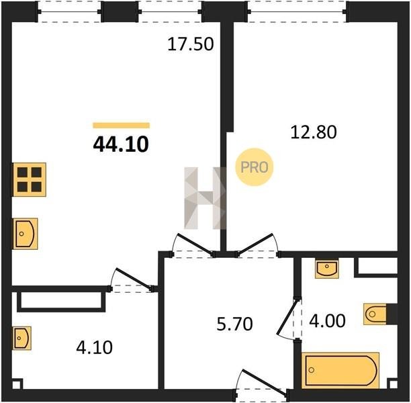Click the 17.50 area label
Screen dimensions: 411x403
tap(191, 44)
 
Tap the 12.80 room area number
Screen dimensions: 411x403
tap(314, 132)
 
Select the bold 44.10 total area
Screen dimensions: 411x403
tap(121, 144)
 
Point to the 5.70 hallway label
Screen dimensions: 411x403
tap(234, 324)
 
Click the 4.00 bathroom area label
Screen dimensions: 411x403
tap(327, 320)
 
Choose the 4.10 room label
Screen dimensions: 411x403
tap(95, 347)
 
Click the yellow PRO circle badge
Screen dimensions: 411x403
tap(255, 167)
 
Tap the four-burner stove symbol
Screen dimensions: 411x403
tap(29, 179)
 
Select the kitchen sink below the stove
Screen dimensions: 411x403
tap(25, 234)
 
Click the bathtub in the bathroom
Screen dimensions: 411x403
tap(340, 370)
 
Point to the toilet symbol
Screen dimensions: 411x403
tap(375, 314)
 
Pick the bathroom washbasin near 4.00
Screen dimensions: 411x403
tap(326, 269)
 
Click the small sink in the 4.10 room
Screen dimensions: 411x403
tap(22, 338)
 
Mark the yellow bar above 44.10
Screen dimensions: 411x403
tap(121, 126)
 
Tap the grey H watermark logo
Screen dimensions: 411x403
tap(205, 198)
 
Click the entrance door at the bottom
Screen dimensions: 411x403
tap(264, 382)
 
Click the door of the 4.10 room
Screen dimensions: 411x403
tap(134, 279)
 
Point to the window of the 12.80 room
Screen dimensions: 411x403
tap(298, 11)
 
